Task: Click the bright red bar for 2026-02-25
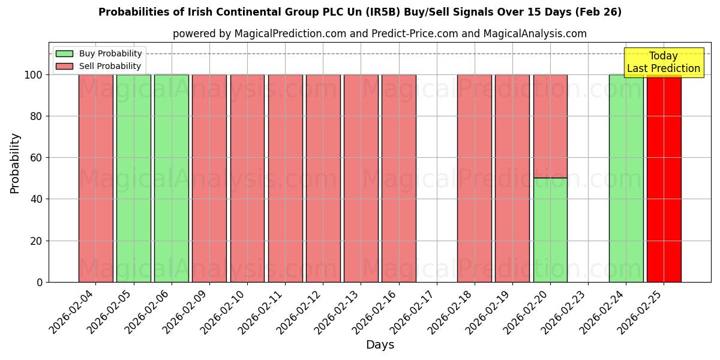tap(664, 180)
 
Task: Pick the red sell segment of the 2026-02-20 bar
tap(550, 126)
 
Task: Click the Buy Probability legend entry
tap(99, 53)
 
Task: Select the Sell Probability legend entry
tap(99, 66)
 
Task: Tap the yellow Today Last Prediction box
tap(663, 62)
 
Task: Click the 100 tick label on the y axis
tap(33, 75)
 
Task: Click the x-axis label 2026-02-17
tap(414, 312)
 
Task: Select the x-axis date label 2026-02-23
tap(565, 312)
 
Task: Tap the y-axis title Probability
tap(15, 163)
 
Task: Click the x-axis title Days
tap(380, 345)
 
